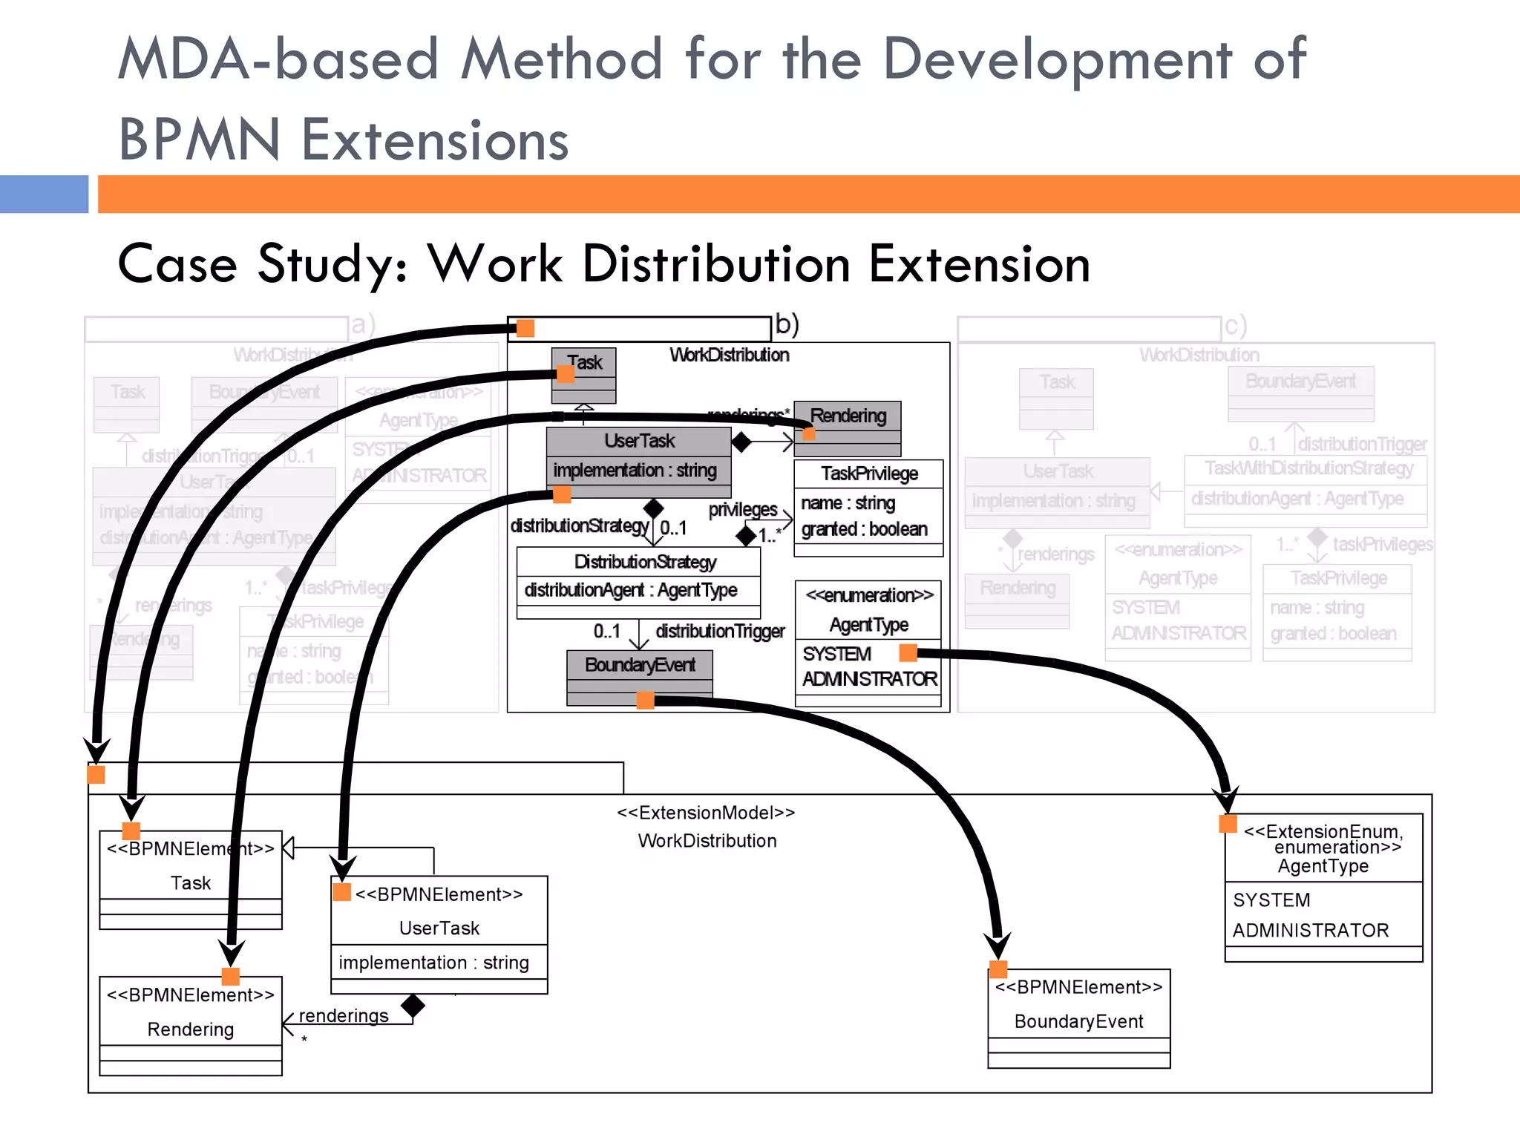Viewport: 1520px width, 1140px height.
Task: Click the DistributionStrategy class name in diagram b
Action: pyautogui.click(x=645, y=562)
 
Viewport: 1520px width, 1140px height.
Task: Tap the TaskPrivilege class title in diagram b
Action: pyautogui.click(x=869, y=474)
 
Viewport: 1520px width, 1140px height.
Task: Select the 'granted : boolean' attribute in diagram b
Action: pyautogui.click(x=864, y=529)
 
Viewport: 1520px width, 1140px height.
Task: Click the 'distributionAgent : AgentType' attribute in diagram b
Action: pyautogui.click(x=631, y=590)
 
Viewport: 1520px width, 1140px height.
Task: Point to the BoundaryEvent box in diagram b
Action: pyautogui.click(x=640, y=665)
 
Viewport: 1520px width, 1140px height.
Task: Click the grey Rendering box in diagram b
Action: pyautogui.click(x=848, y=416)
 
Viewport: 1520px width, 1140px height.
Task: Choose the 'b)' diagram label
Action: pyautogui.click(x=787, y=324)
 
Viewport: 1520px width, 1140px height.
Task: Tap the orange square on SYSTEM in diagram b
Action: pyautogui.click(x=908, y=653)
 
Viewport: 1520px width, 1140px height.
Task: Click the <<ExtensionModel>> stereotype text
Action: pyautogui.click(x=706, y=813)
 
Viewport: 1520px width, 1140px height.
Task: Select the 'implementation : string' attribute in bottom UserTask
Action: pyautogui.click(x=434, y=963)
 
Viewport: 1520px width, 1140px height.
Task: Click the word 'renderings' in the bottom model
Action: pyautogui.click(x=344, y=1015)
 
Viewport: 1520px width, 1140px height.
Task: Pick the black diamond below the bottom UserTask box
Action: pyautogui.click(x=413, y=1006)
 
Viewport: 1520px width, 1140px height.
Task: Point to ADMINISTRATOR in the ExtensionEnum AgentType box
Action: pyautogui.click(x=1311, y=931)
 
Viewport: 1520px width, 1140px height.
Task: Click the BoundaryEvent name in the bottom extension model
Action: pyautogui.click(x=1078, y=1021)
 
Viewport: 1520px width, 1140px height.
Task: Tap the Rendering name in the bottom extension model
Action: pyautogui.click(x=191, y=1029)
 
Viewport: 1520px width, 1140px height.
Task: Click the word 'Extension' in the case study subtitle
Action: pyautogui.click(x=979, y=264)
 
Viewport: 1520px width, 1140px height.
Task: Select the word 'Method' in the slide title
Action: pyautogui.click(x=561, y=59)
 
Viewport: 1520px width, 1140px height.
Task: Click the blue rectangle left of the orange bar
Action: pyautogui.click(x=44, y=194)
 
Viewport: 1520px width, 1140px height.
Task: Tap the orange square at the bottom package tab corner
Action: pyautogui.click(x=96, y=775)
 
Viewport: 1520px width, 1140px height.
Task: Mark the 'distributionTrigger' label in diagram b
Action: pyautogui.click(x=720, y=632)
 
